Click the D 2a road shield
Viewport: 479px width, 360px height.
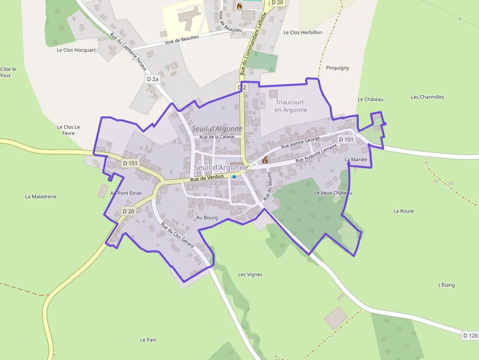pyautogui.click(x=152, y=79)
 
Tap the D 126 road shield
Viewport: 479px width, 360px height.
pyautogui.click(x=470, y=336)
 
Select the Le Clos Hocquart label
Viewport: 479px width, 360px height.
pyautogui.click(x=76, y=50)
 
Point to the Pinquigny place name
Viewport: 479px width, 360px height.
pyautogui.click(x=337, y=68)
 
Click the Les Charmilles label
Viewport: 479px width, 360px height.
pyautogui.click(x=428, y=97)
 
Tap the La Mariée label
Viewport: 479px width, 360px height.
pyautogui.click(x=355, y=159)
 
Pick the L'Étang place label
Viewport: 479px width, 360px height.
pyautogui.click(x=446, y=285)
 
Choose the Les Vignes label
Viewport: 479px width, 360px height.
pyautogui.click(x=250, y=275)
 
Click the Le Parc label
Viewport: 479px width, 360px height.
pyautogui.click(x=148, y=339)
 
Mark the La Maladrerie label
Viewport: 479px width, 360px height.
pyautogui.click(x=41, y=196)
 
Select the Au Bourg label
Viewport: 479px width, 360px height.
pyautogui.click(x=207, y=217)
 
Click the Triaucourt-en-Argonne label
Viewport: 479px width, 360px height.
pyautogui.click(x=291, y=106)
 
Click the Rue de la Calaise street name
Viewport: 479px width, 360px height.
pyautogui.click(x=217, y=137)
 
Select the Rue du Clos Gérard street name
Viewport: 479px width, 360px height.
pyautogui.click(x=177, y=235)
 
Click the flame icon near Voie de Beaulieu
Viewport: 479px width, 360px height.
pyautogui.click(x=239, y=6)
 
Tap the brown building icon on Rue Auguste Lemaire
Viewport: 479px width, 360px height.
pyautogui.click(x=265, y=160)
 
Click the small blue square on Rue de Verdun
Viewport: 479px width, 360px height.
pyautogui.click(x=235, y=176)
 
